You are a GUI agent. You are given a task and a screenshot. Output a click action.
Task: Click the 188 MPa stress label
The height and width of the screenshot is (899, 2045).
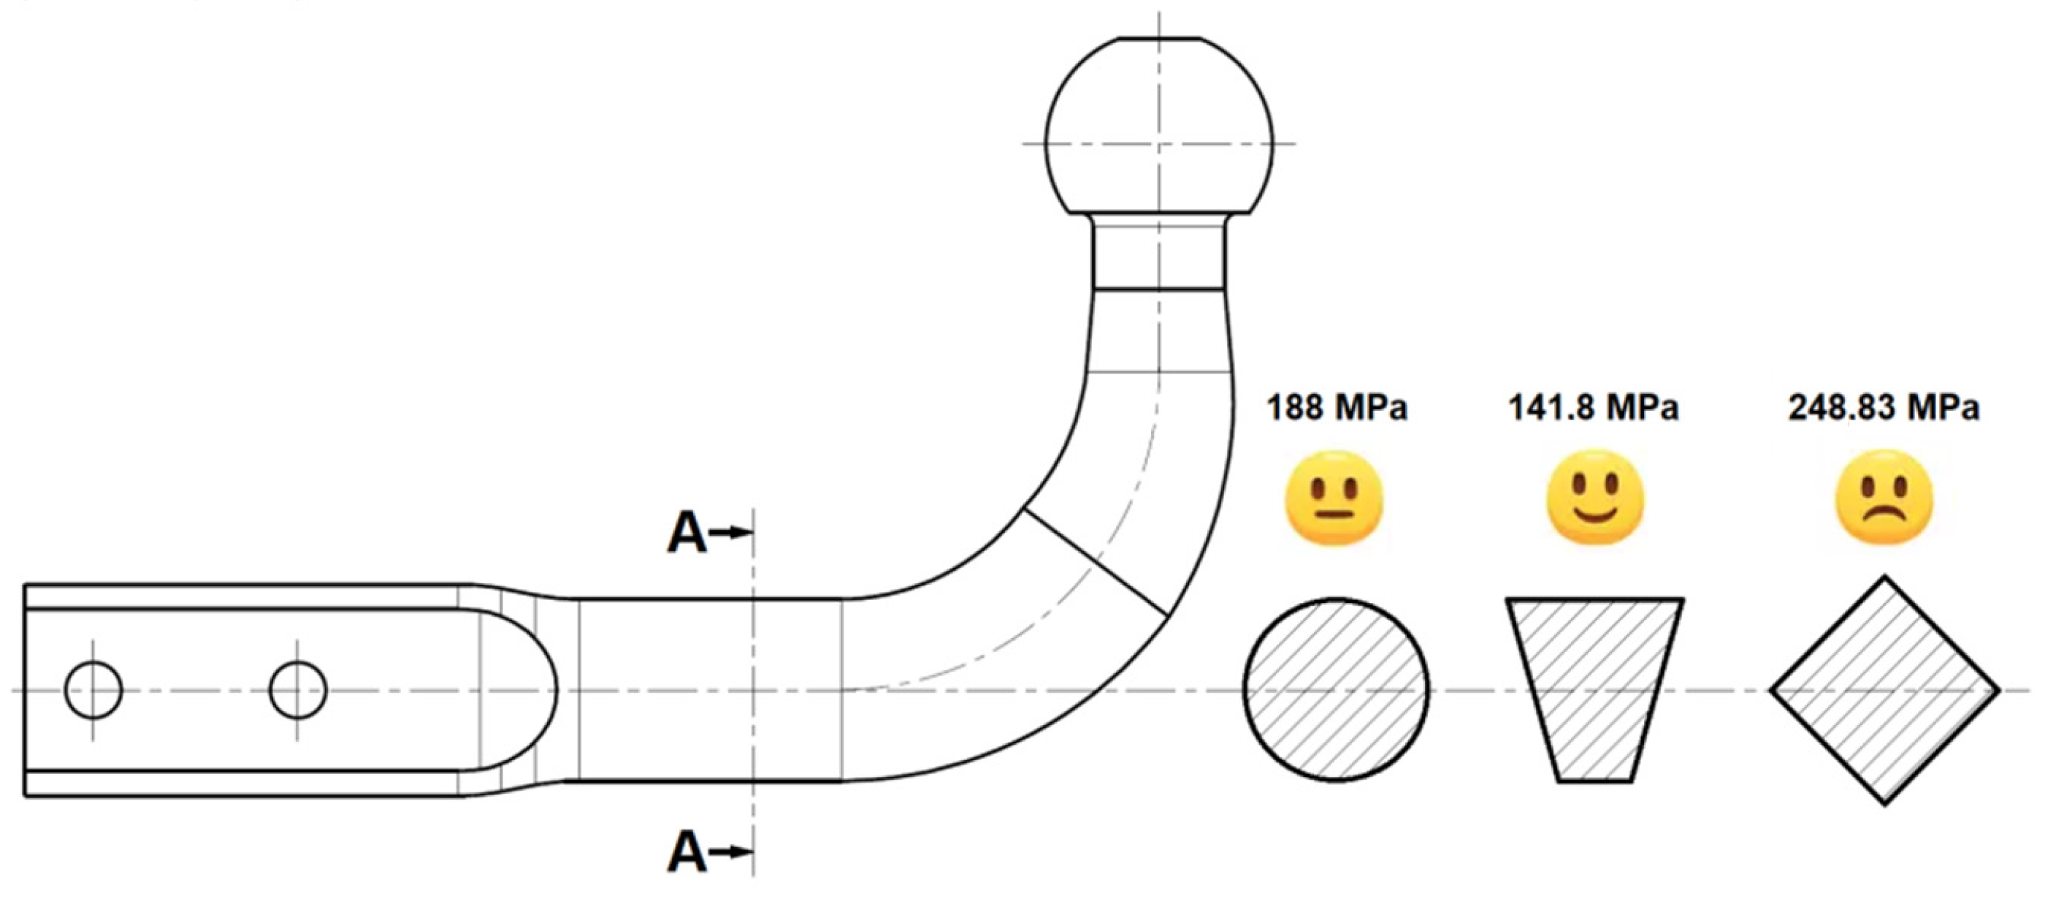click(1336, 407)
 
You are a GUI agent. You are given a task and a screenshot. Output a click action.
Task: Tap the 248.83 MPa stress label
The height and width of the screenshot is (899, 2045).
click(1883, 407)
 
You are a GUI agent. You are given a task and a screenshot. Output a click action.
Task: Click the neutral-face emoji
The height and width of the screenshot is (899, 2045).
click(1334, 498)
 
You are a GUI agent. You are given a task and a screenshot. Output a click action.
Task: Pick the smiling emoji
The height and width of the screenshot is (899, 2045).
click(1595, 498)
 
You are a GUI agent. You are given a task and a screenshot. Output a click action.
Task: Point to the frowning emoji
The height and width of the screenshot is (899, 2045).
click(1884, 498)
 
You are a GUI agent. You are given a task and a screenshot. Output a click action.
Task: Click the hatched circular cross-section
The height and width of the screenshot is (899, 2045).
click(1336, 689)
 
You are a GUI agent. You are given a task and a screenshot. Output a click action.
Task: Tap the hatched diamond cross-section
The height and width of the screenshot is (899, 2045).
click(1884, 689)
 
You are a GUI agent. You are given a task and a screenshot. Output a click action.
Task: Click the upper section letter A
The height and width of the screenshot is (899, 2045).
click(687, 533)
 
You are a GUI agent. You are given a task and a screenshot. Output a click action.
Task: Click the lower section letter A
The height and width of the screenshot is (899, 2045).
click(687, 852)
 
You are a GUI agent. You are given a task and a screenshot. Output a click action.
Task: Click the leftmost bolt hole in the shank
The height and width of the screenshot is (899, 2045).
click(93, 689)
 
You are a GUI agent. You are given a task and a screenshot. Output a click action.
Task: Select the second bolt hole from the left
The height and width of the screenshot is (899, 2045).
click(299, 689)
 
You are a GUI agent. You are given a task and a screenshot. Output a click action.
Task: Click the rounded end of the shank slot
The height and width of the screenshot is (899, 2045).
click(548, 689)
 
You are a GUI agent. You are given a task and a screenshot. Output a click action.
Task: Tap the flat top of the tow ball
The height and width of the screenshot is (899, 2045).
click(1158, 38)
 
